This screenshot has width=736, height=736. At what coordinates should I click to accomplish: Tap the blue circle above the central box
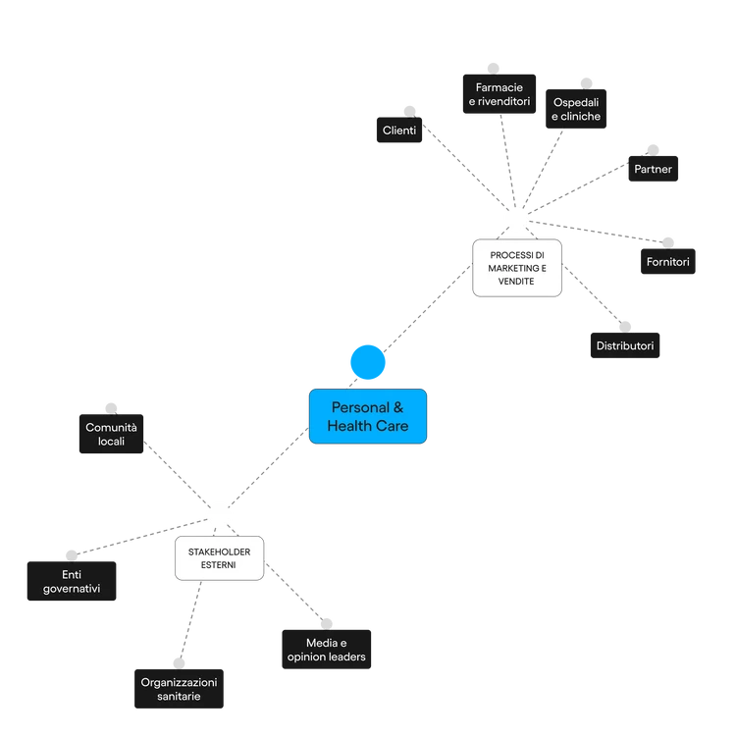click(368, 362)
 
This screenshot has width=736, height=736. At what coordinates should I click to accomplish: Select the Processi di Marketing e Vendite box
click(516, 267)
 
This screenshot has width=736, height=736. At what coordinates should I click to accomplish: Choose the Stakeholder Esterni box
click(219, 558)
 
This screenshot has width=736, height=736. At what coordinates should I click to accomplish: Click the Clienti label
click(398, 131)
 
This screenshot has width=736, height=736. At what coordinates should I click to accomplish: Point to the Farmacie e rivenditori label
click(499, 95)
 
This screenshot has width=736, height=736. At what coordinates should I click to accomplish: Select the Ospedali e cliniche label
click(575, 109)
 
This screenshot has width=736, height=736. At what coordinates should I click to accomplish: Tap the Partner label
click(653, 170)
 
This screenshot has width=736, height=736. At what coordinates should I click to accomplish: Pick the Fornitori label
click(667, 262)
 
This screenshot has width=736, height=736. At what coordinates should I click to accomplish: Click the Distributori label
click(624, 345)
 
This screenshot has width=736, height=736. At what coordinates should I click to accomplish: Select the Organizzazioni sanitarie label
click(178, 689)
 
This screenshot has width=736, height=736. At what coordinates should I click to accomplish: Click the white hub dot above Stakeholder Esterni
click(219, 513)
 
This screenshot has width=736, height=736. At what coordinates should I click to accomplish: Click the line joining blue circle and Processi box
click(430, 306)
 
